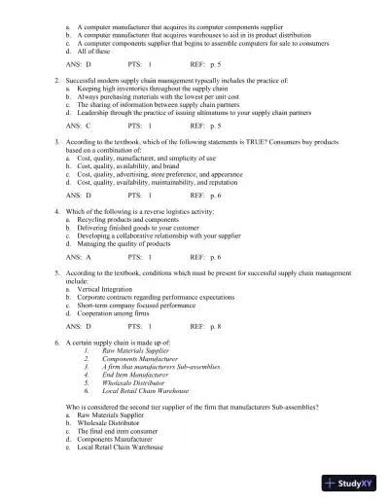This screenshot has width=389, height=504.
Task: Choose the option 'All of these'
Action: (x=96, y=48)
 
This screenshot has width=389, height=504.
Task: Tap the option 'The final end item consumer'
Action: (x=123, y=430)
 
